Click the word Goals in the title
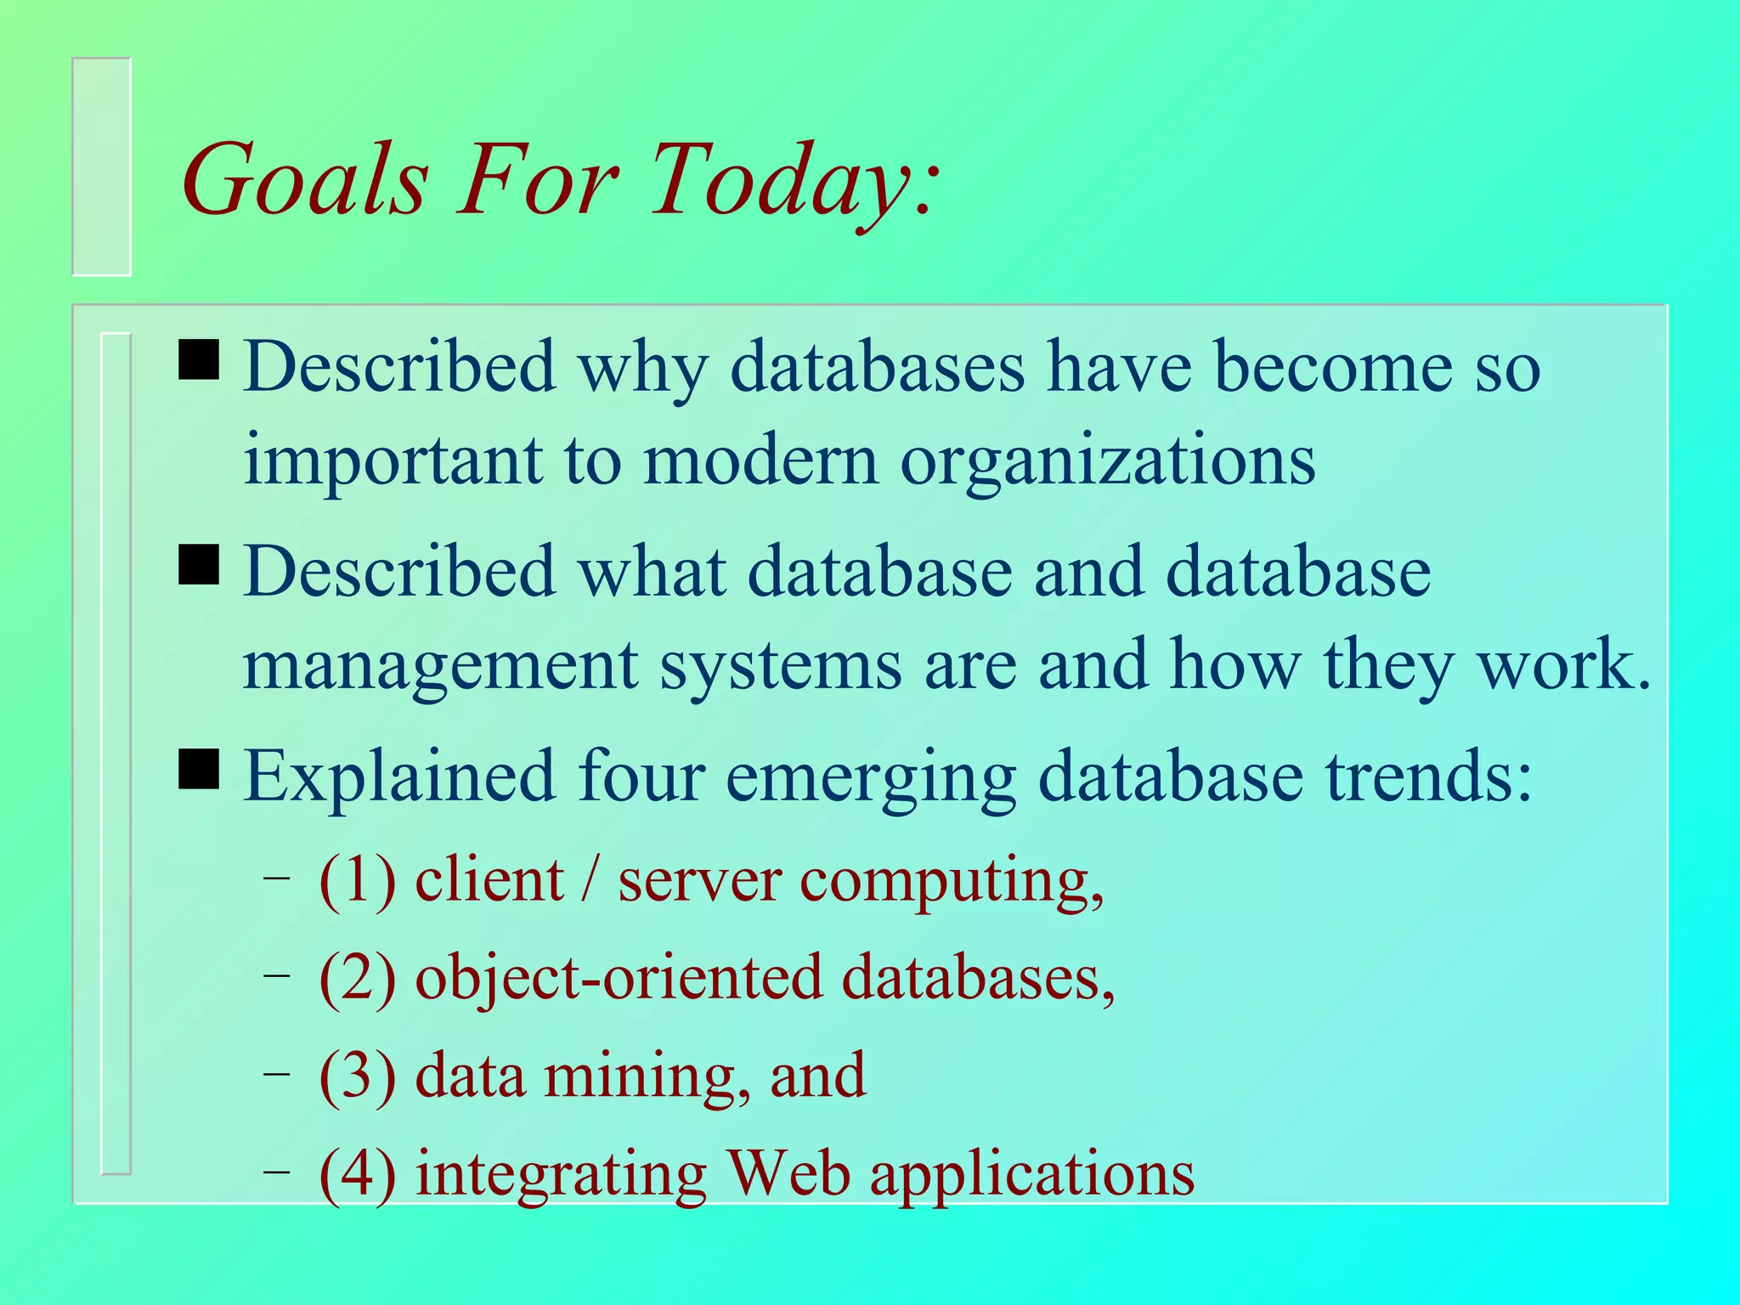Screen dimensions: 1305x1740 coord(304,180)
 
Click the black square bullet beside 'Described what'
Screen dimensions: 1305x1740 coord(199,565)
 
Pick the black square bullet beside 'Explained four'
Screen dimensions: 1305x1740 coord(199,769)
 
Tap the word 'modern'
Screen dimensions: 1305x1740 coord(760,460)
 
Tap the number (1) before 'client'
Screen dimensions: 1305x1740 coord(358,880)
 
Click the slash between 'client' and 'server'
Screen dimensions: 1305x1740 coord(590,880)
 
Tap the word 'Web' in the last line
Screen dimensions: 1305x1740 coord(789,1174)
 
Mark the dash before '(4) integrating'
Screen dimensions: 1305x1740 coord(275,1172)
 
